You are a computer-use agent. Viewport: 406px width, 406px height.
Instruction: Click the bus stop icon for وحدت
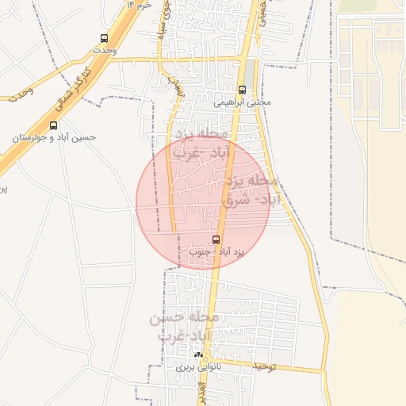[x=104, y=38]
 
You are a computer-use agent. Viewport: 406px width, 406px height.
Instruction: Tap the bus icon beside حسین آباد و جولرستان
[x=53, y=125]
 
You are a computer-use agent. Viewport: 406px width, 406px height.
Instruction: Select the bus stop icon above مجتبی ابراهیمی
[x=243, y=90]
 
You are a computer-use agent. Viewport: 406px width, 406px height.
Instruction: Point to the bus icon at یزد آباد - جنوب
[x=216, y=239]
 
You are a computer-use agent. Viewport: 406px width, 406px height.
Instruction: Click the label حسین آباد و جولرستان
[x=53, y=137]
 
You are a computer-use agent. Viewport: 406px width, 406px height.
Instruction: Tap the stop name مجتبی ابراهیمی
[x=243, y=102]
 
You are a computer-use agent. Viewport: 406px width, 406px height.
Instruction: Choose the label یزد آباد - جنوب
[x=216, y=251]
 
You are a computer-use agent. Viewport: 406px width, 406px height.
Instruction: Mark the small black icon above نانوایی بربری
[x=197, y=355]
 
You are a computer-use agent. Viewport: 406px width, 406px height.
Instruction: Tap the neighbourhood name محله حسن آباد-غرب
[x=183, y=326]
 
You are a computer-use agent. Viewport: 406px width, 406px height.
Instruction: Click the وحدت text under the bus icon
[x=104, y=50]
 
